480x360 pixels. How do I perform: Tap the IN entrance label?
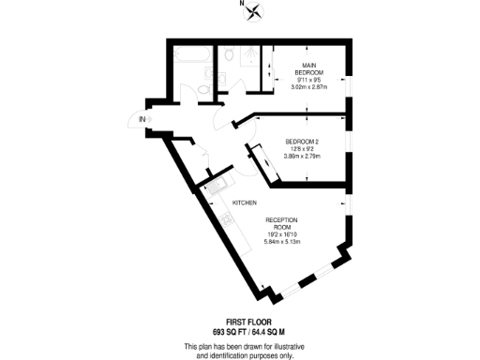[x=142, y=120]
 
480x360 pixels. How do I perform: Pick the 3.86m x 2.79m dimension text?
[x=303, y=157]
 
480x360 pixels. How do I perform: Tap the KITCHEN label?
[x=245, y=202]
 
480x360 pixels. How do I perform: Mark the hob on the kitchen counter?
[x=229, y=220]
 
